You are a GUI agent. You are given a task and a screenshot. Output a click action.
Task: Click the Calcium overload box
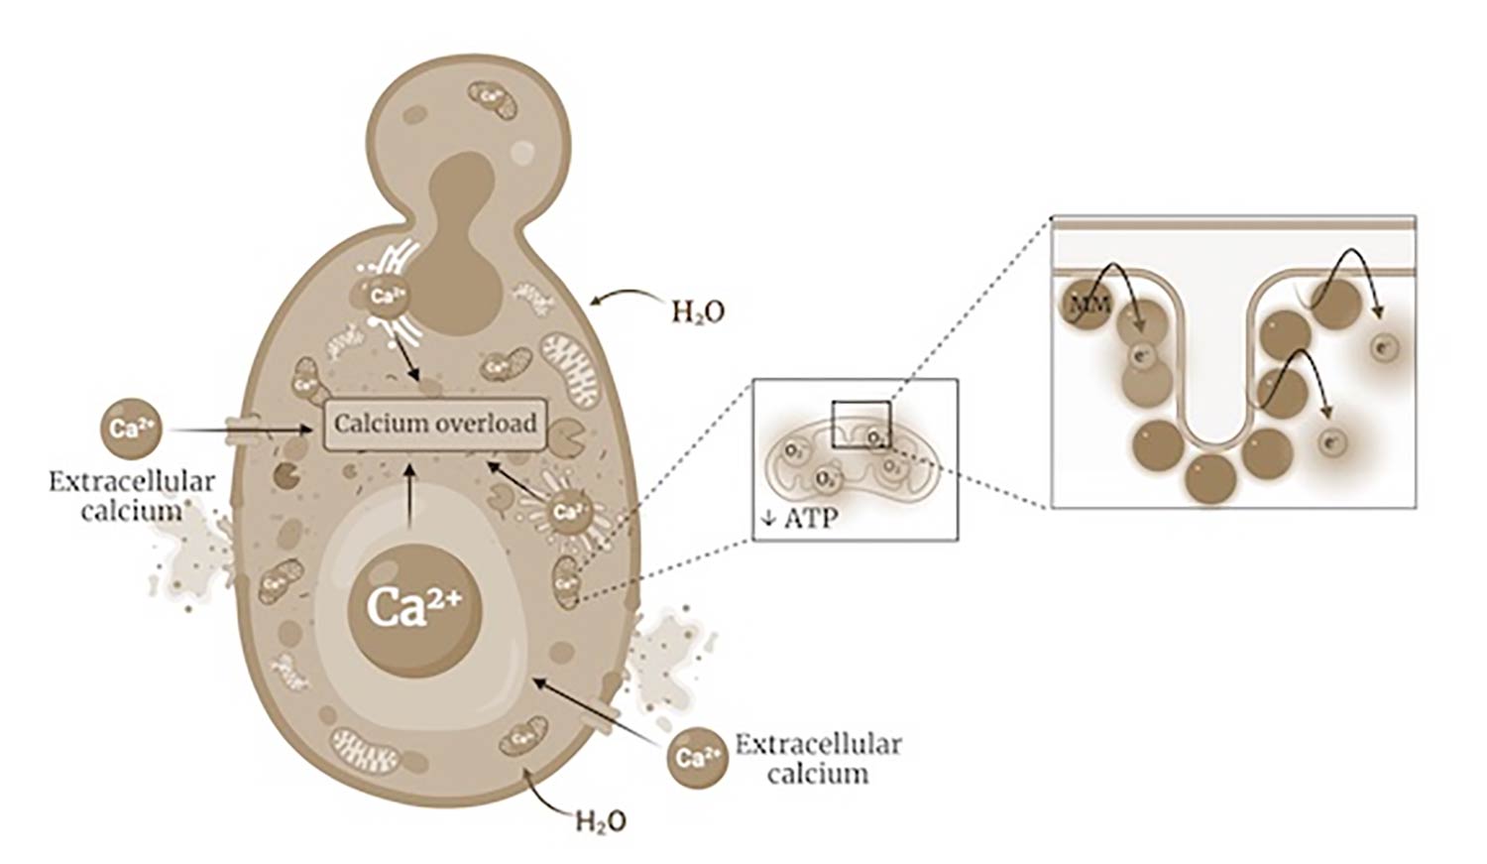pyautogui.click(x=436, y=425)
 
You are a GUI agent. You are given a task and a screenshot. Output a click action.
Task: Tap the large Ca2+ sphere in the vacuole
pyautogui.click(x=414, y=607)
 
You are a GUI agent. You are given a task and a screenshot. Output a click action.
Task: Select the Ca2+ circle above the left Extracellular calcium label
pyautogui.click(x=129, y=430)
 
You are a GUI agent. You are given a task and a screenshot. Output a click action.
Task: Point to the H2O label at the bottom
pyautogui.click(x=601, y=822)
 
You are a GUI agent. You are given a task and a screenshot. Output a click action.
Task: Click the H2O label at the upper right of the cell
pyautogui.click(x=698, y=312)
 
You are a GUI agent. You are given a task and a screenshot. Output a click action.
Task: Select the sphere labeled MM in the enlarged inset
pyautogui.click(x=1088, y=305)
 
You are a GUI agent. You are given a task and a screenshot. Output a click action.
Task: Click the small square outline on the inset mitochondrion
pyautogui.click(x=860, y=425)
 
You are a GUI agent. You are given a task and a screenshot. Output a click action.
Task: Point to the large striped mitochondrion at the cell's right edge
pyautogui.click(x=570, y=369)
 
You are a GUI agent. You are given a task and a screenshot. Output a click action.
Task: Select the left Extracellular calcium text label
pyautogui.click(x=132, y=495)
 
